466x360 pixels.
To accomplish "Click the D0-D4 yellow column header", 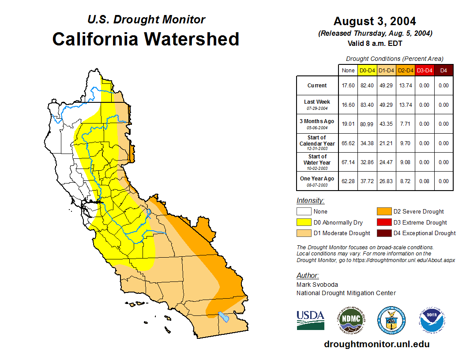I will (368, 70).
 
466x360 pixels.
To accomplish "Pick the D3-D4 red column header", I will (424, 70).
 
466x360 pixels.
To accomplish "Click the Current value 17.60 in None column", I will (348, 86).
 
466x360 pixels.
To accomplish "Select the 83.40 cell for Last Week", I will (368, 105).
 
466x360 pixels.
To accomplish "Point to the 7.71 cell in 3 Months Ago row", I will (405, 124).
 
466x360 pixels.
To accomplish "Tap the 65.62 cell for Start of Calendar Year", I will (348, 143).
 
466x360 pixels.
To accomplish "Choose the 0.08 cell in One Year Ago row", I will (424, 181).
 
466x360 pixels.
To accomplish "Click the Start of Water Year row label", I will (317, 162).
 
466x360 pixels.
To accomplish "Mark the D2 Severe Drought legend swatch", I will (383, 212).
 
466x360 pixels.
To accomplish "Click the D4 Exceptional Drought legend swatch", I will (383, 233).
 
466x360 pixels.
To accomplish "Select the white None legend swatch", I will (303, 212).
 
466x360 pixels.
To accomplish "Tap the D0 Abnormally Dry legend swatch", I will (303, 222).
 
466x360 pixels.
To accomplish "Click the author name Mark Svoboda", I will (317, 285).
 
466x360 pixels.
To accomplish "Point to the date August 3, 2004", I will (375, 21).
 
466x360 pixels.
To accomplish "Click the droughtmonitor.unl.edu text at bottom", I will (376, 344).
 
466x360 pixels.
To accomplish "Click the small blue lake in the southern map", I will (224, 316).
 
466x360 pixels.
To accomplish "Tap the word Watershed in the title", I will (193, 39).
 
